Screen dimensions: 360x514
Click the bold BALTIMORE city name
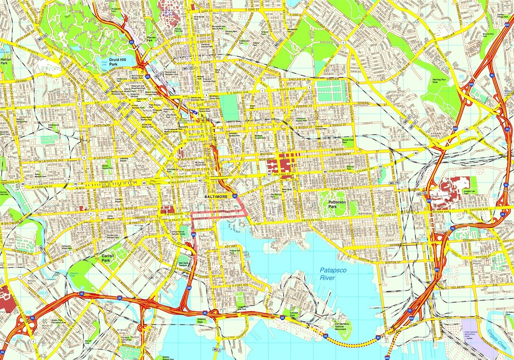[216, 197]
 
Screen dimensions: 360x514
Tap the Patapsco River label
[333, 274]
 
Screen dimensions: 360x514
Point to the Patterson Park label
[336, 204]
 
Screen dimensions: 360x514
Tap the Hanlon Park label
[6, 60]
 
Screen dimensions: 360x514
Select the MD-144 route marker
[42, 251]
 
